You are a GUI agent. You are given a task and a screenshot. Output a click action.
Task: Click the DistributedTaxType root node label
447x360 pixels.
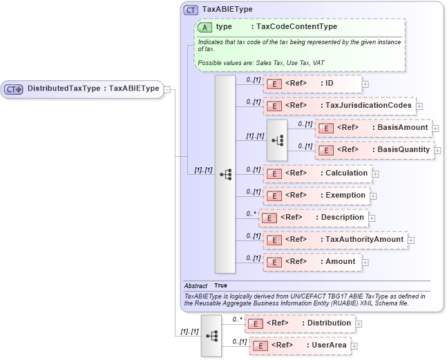tap(93, 88)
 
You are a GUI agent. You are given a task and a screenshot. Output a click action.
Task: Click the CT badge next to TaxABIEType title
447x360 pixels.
tap(191, 10)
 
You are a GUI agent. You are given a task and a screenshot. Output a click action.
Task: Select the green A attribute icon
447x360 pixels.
tap(205, 27)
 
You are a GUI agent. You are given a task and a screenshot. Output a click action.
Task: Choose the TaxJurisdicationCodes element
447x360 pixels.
tap(339, 106)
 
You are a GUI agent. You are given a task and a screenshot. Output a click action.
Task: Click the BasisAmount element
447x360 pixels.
tap(373, 128)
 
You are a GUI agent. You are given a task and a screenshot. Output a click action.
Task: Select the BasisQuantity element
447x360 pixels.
tap(374, 150)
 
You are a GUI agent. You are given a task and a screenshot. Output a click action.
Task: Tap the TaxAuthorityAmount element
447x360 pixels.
tap(335, 240)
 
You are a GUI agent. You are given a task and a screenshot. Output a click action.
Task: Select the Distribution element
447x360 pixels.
tap(300, 323)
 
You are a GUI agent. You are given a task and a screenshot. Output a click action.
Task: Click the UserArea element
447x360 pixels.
tap(300, 345)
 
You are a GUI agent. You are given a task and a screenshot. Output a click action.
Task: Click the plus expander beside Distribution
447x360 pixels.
tap(359, 323)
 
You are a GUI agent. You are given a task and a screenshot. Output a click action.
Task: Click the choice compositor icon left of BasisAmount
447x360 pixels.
tap(277, 140)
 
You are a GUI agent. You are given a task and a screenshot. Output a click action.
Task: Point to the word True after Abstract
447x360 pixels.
tap(220, 285)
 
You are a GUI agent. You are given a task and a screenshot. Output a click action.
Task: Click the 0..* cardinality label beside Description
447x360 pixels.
tap(251, 213)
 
